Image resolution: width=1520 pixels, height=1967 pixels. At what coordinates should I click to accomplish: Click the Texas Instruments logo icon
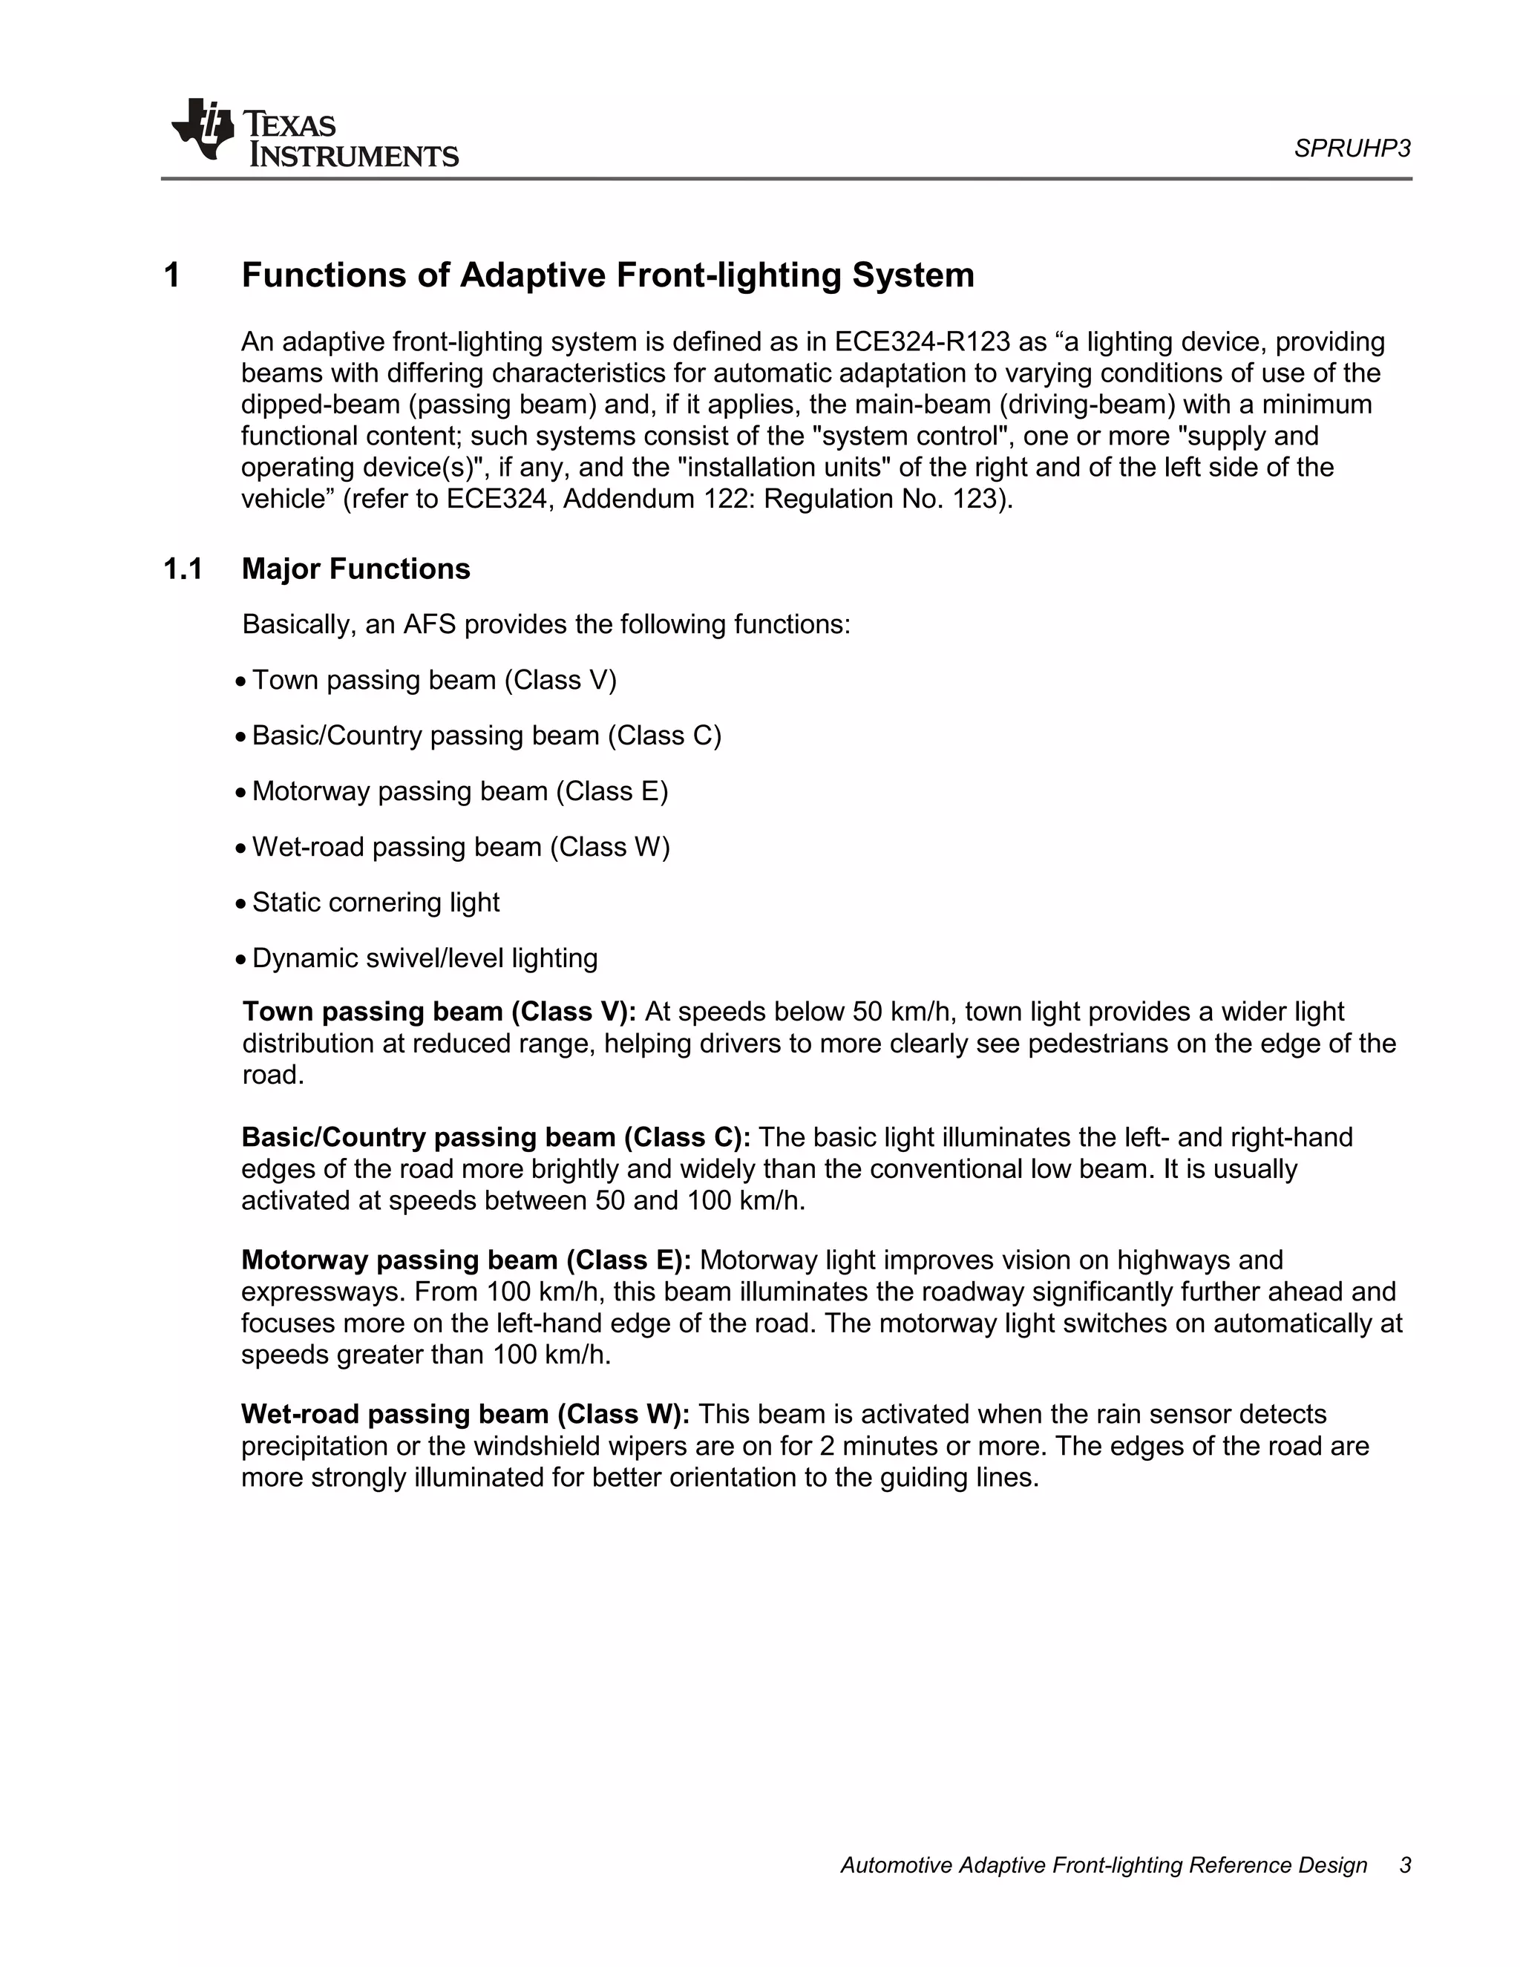click(203, 131)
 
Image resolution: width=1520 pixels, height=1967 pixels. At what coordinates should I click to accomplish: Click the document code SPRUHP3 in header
click(1352, 148)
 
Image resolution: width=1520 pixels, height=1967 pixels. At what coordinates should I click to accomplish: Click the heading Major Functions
click(356, 569)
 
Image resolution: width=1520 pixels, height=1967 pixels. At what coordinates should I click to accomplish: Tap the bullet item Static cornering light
click(376, 903)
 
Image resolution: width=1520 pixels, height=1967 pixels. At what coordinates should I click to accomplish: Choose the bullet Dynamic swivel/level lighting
click(424, 958)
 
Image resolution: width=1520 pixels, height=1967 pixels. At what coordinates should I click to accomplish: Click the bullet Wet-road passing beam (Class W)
click(461, 847)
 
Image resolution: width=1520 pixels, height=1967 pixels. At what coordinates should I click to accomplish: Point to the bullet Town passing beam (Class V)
click(434, 680)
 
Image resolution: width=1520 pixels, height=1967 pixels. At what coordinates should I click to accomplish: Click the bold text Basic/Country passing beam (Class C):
click(495, 1137)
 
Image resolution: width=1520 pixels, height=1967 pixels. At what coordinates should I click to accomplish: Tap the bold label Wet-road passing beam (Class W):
click(465, 1414)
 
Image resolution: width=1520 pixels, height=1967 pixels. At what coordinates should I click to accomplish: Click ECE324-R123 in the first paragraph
click(922, 342)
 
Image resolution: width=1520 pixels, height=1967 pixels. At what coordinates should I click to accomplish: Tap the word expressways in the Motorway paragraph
click(324, 1292)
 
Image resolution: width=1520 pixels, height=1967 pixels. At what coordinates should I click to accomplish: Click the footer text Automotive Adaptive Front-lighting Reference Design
click(1103, 1865)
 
